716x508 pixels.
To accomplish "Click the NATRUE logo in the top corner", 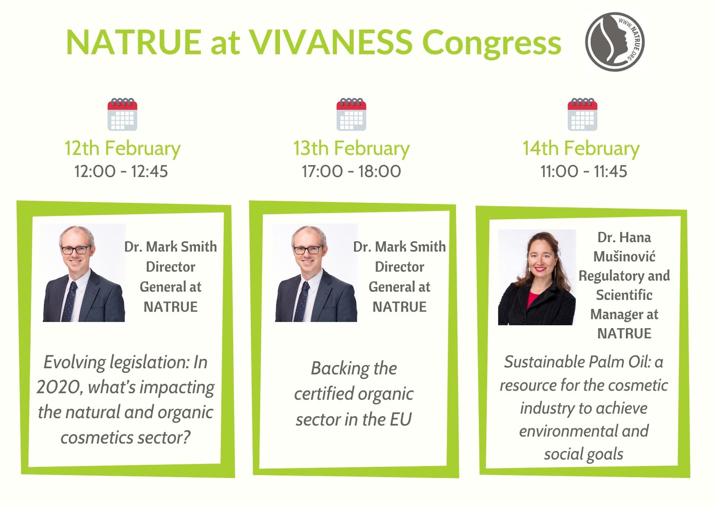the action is [x=615, y=42].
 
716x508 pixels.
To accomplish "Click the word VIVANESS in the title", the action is [x=331, y=42].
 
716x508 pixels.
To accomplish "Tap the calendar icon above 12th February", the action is [x=122, y=114].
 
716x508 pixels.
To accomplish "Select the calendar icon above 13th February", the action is [x=351, y=114].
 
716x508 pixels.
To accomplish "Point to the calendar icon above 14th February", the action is [x=582, y=114].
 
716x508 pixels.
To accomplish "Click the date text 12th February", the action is [x=122, y=148].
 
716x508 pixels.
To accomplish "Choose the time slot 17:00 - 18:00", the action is [x=351, y=171].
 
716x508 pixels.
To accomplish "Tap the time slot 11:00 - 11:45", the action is [x=584, y=171].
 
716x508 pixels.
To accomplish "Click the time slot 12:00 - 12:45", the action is [x=121, y=171].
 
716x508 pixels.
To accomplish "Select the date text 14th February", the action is [x=581, y=148].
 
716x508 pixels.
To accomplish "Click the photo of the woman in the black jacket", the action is [x=537, y=277].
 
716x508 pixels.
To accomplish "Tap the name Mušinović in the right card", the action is [x=624, y=256].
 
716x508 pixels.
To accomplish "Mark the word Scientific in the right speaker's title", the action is [x=624, y=295].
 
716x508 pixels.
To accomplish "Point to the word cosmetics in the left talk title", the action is [x=97, y=438].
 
